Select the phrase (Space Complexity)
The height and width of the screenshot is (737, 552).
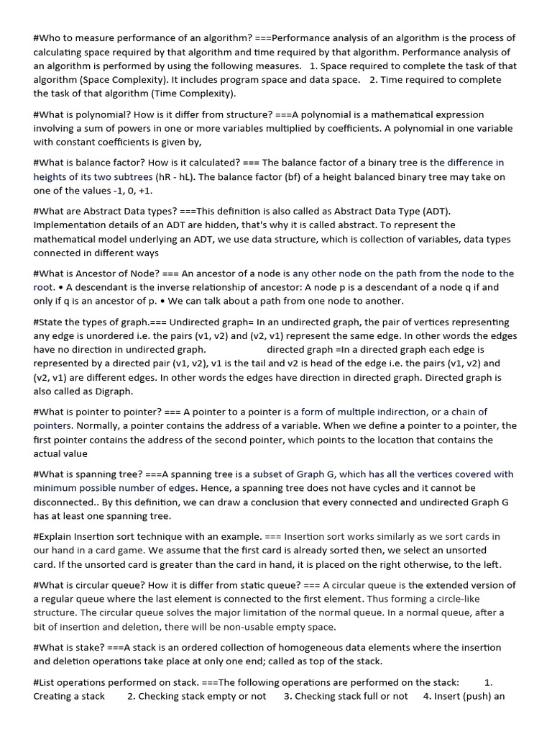tap(121, 80)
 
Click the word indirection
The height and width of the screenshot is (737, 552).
tap(396, 412)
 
